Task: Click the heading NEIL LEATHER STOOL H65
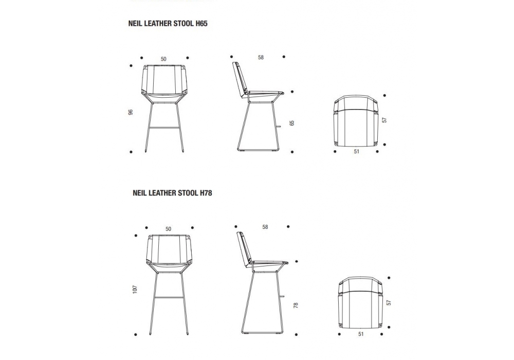[168, 24]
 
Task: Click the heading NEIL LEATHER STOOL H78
[172, 193]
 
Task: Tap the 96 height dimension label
[131, 112]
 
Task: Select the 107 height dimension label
[135, 289]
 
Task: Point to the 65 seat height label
[292, 123]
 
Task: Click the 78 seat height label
[296, 305]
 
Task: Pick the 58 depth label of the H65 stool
[261, 58]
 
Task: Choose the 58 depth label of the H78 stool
[265, 227]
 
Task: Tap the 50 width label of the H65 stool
[163, 59]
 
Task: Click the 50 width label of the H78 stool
[168, 229]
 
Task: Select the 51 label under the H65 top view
[356, 152]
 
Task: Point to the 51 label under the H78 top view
[361, 334]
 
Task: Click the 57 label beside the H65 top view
[384, 120]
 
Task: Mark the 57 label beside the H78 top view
[389, 302]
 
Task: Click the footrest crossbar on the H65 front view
[164, 127]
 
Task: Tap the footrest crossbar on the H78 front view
[169, 298]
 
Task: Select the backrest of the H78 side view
[245, 249]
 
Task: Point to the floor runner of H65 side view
[258, 151]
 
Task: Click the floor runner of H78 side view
[262, 333]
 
